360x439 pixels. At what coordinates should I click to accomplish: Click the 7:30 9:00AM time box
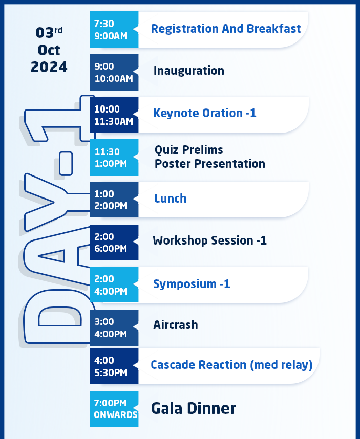114,29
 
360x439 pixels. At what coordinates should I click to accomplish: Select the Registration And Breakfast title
226,29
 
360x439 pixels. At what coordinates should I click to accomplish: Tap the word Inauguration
189,71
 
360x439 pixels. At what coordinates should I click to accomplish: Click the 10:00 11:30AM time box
114,115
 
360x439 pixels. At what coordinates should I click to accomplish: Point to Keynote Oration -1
204,113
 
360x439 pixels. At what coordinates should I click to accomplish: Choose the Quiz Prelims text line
189,150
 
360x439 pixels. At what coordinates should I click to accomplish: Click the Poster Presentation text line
210,164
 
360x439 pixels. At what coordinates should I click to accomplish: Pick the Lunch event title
171,198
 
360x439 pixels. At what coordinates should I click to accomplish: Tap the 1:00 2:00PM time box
114,200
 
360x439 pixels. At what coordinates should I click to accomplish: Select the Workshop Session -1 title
209,240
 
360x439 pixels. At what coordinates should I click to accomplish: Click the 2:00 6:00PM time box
114,242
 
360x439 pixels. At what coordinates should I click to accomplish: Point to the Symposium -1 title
192,284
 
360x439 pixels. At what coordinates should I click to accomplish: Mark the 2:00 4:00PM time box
114,284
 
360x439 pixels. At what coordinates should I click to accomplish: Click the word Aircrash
175,325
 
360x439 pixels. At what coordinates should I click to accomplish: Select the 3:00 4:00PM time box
114,328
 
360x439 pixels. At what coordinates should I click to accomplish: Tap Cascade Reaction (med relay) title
231,365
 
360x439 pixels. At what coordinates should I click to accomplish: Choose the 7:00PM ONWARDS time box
114,409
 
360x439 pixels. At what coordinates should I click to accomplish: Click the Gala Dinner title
193,408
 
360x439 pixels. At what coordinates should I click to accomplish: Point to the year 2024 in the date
49,67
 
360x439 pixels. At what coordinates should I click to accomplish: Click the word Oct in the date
49,50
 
